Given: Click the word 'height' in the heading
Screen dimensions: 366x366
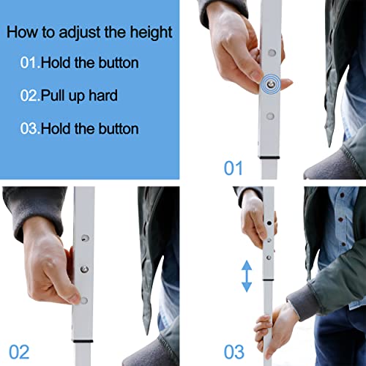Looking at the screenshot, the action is point(151,32).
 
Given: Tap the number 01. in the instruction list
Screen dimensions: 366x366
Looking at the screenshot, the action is point(30,63).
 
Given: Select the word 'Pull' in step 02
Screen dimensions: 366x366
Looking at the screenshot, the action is point(53,95).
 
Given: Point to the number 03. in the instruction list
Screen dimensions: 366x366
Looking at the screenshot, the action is point(30,129).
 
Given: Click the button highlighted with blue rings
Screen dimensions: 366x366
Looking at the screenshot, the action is point(270,84).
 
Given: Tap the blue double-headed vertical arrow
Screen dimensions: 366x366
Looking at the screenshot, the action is point(247,276).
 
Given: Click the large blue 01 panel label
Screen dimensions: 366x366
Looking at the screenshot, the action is point(233,168).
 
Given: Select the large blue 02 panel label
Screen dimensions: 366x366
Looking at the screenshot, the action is point(19,352).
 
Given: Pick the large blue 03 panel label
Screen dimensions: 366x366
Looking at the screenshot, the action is point(234,352).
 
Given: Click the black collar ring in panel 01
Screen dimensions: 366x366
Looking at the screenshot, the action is point(269,157).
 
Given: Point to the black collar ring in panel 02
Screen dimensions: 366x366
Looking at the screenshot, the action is point(83,341).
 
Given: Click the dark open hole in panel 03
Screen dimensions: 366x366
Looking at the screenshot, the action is point(269,223).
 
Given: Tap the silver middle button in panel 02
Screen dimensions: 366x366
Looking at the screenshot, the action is point(84,269).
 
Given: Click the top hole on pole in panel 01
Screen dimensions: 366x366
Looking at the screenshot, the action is point(272,53).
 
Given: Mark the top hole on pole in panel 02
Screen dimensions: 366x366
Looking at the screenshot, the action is point(85,238).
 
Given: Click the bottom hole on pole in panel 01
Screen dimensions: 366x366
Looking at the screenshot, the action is point(270,116).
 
